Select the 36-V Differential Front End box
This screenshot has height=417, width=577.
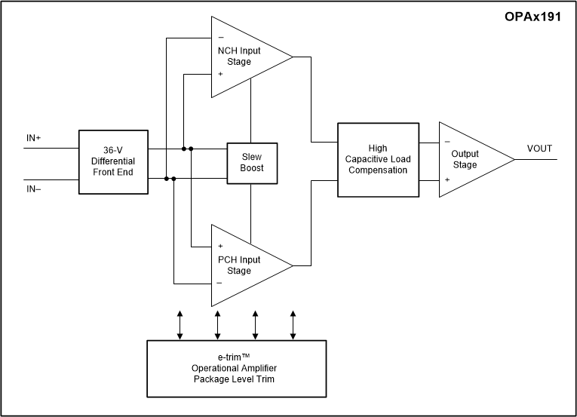pyautogui.click(x=114, y=162)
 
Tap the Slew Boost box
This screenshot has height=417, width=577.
pyautogui.click(x=253, y=162)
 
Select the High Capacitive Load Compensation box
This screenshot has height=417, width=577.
pyautogui.click(x=377, y=160)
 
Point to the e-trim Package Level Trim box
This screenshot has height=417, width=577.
pyautogui.click(x=238, y=368)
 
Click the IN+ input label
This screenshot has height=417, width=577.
pyautogui.click(x=34, y=139)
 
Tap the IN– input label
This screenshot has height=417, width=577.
pyautogui.click(x=34, y=189)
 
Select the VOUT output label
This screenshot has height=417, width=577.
pyautogui.click(x=539, y=149)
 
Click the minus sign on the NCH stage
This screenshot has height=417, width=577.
pyautogui.click(x=220, y=37)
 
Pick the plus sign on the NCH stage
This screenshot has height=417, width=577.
pyautogui.click(x=220, y=74)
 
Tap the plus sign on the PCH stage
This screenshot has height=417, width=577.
pyautogui.click(x=220, y=246)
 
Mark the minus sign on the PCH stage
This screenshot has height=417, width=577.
pyautogui.click(x=220, y=283)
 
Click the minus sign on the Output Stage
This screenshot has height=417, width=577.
pyautogui.click(x=447, y=141)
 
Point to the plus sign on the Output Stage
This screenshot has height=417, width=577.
pyautogui.click(x=447, y=179)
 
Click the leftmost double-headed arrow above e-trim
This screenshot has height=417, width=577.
pyautogui.click(x=180, y=323)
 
